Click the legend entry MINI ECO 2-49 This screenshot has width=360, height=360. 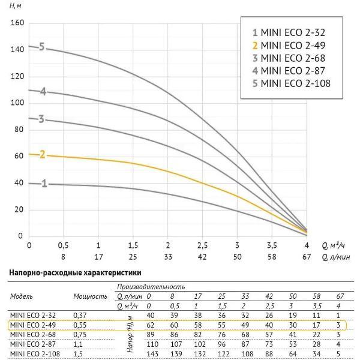pyautogui.click(x=291, y=45)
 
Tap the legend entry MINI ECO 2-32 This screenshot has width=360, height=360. pyautogui.click(x=291, y=32)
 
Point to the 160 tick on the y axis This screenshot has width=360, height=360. pyautogui.click(x=17, y=23)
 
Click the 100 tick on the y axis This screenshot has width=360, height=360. pyautogui.click(x=17, y=103)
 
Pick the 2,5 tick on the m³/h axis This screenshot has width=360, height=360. pyautogui.click(x=202, y=245)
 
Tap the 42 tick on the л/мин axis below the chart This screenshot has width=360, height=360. pyautogui.click(x=202, y=256)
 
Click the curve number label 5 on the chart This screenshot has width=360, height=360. pyautogui.click(x=42, y=47)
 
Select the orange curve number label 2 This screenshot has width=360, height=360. pyautogui.click(x=42, y=154)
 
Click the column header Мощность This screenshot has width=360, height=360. pyautogui.click(x=90, y=296)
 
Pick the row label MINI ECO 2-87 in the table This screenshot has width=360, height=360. pyautogui.click(x=32, y=344)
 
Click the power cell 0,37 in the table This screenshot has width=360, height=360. pyautogui.click(x=80, y=316)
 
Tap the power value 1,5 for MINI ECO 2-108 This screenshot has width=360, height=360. pyautogui.click(x=77, y=354)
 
